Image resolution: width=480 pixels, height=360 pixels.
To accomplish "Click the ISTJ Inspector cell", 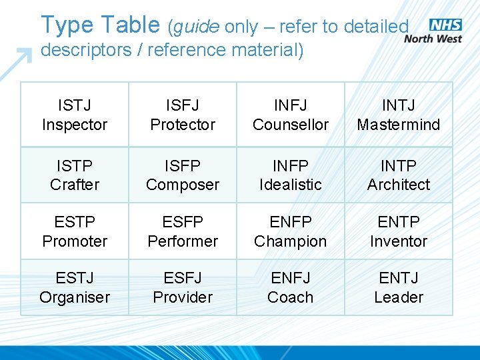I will point(75,115).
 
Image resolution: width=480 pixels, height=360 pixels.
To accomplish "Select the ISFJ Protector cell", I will point(183,115).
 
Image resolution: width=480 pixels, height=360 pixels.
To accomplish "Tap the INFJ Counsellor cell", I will point(291,115).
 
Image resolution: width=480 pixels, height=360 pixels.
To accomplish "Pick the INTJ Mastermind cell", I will point(399,115).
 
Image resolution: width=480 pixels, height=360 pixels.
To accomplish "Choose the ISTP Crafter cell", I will point(75,175).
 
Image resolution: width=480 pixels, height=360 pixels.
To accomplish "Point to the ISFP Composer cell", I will point(183,175).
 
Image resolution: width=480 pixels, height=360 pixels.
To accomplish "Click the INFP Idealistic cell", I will point(291,175).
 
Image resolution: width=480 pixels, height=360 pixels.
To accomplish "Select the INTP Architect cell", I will point(399,175).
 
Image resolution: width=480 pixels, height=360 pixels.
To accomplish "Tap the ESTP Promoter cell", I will point(75,231).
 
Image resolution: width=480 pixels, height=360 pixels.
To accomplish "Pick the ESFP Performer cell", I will point(183,231).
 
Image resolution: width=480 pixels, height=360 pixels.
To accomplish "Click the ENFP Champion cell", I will point(291,231).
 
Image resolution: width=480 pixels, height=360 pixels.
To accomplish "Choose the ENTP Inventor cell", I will point(399,231).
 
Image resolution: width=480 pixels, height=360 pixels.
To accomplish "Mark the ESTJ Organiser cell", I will point(75,287).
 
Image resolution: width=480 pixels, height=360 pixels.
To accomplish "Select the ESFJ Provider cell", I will point(183,287).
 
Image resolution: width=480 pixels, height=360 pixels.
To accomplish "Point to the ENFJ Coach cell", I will point(291,287).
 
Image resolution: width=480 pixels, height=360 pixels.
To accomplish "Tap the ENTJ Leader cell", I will point(399,287).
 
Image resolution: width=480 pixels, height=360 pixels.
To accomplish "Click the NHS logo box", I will point(445,25).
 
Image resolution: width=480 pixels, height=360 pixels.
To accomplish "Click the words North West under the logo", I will point(433,39).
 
